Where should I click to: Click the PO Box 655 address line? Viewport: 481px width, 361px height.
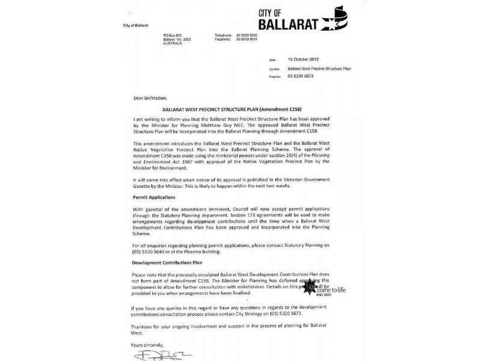coord(172,35)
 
